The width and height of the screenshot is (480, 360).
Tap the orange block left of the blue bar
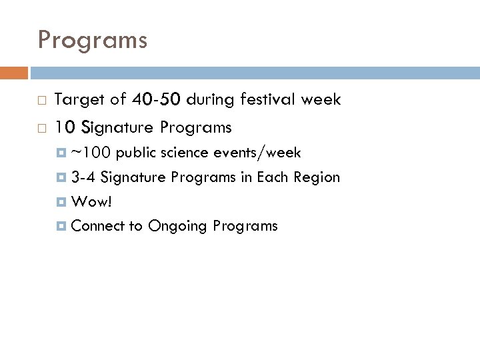(14, 73)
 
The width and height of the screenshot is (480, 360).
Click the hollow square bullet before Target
(41, 101)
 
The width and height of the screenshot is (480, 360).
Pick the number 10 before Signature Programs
(64, 127)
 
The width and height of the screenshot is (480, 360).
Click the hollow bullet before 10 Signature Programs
(41, 127)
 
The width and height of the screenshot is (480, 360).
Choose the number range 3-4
(83, 177)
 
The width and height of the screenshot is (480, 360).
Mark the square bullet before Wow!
(63, 202)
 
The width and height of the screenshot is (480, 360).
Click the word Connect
(97, 226)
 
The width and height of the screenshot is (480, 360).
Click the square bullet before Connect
(63, 226)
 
